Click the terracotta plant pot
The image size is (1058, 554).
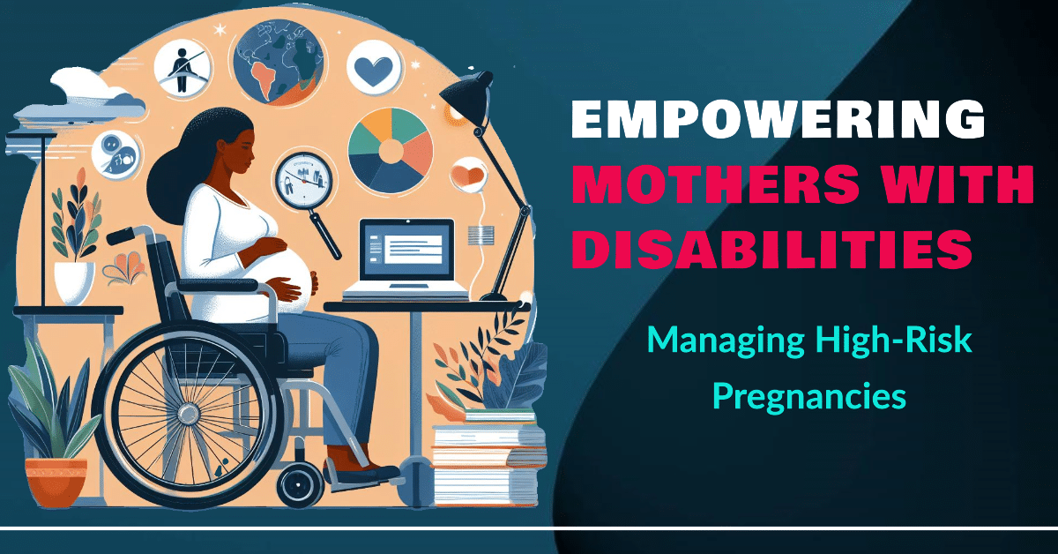(56, 481)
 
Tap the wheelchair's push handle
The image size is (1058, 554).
(123, 236)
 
